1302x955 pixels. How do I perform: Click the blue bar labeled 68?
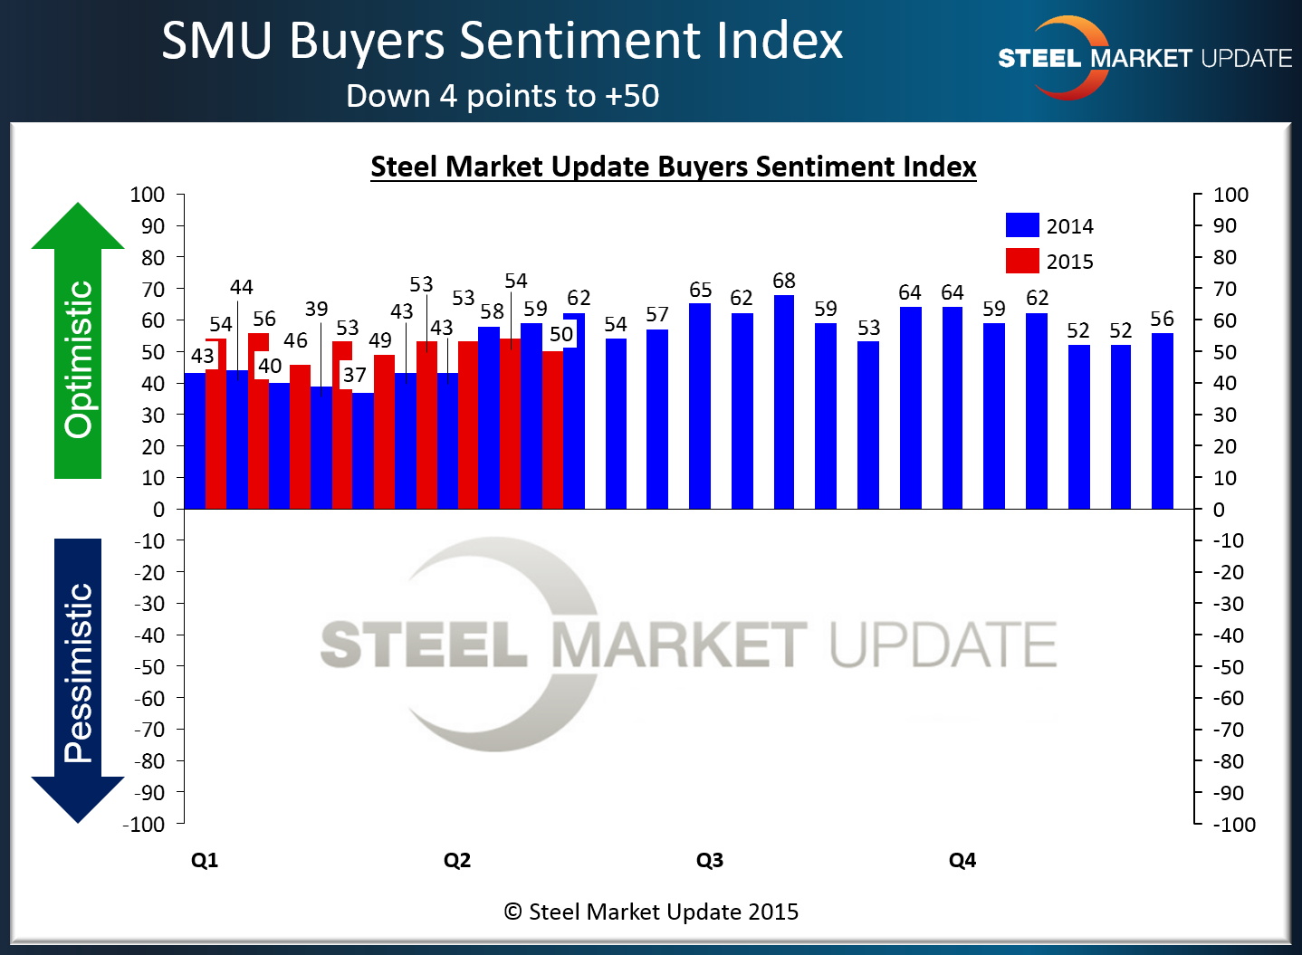pyautogui.click(x=784, y=402)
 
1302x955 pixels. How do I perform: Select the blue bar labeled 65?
pyautogui.click(x=700, y=406)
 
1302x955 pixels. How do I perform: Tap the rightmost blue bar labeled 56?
pyautogui.click(x=1163, y=421)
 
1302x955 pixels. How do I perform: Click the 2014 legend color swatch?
pyautogui.click(x=1022, y=225)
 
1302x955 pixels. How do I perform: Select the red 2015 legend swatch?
pyautogui.click(x=1022, y=261)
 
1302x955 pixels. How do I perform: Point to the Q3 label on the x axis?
pyautogui.click(x=710, y=860)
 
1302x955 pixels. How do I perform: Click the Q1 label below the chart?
pyautogui.click(x=205, y=860)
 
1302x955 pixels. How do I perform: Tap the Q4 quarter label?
pyautogui.click(x=962, y=860)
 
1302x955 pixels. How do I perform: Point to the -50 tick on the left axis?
pyautogui.click(x=149, y=667)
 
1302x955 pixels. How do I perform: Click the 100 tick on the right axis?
pyautogui.click(x=1230, y=195)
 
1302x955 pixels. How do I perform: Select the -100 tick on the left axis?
pyautogui.click(x=145, y=825)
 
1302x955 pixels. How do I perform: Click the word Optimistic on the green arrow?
pyautogui.click(x=79, y=359)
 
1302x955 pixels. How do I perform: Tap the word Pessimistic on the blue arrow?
pyautogui.click(x=79, y=673)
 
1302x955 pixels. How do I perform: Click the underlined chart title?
pyautogui.click(x=673, y=167)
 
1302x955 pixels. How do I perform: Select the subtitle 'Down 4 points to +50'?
pyautogui.click(x=503, y=96)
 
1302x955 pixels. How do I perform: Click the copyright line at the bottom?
pyautogui.click(x=651, y=912)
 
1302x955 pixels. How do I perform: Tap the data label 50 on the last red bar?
pyautogui.click(x=561, y=334)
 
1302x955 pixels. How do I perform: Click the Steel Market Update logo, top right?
pyautogui.click(x=1144, y=58)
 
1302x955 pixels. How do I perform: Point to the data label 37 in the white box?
pyautogui.click(x=355, y=375)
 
